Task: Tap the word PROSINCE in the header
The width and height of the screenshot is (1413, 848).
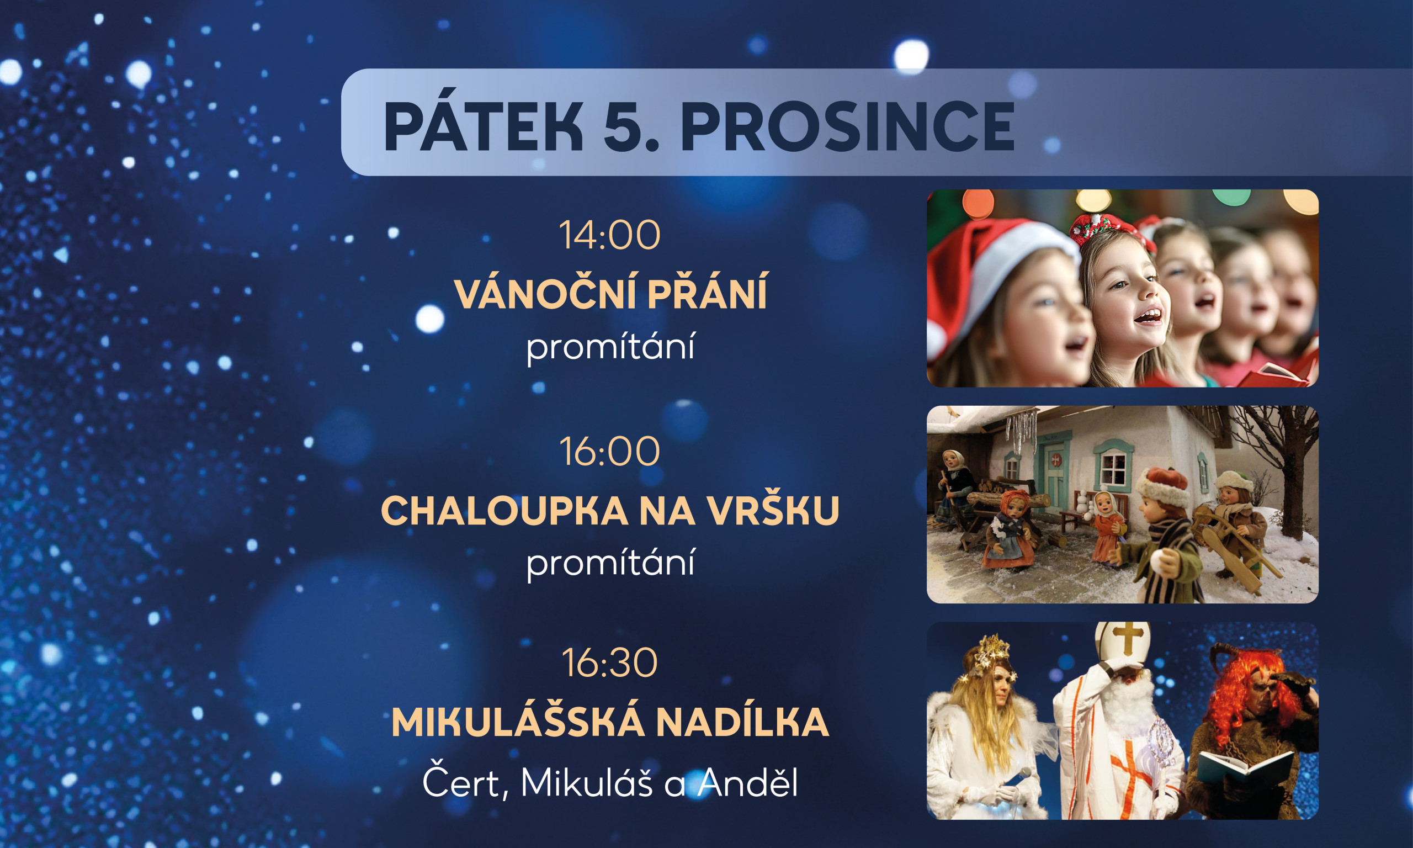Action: coord(848,127)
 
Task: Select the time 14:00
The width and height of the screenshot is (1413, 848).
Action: coord(609,235)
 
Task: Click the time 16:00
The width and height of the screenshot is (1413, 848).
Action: coord(609,452)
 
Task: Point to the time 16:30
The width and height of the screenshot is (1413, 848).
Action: coord(609,664)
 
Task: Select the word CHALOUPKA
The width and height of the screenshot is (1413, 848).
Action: coord(504,511)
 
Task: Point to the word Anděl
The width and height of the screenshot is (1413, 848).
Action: coord(748,782)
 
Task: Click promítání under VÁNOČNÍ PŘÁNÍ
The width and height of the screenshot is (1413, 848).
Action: coord(610,347)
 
